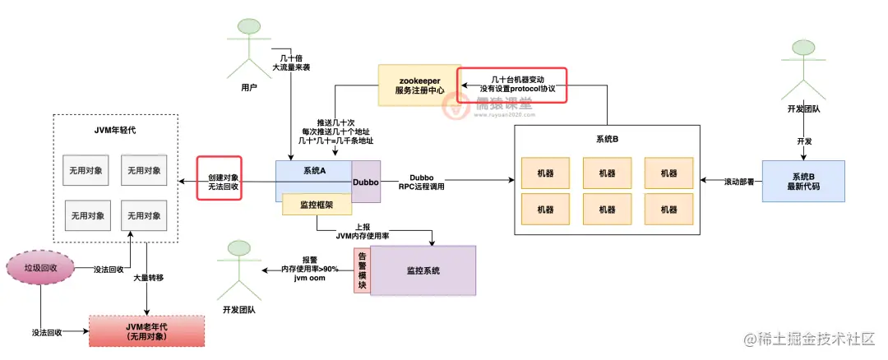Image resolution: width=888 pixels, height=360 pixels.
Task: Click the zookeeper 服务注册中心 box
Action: [418, 85]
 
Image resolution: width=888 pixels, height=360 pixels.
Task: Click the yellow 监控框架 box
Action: [305, 205]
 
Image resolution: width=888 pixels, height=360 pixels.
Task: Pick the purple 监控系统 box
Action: [423, 270]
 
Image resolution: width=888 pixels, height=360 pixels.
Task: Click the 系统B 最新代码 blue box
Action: [803, 182]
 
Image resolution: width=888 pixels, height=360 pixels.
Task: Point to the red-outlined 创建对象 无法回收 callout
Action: [220, 181]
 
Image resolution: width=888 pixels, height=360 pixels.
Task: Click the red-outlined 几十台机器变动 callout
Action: [512, 84]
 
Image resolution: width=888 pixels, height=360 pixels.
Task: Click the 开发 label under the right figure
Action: [804, 142]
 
